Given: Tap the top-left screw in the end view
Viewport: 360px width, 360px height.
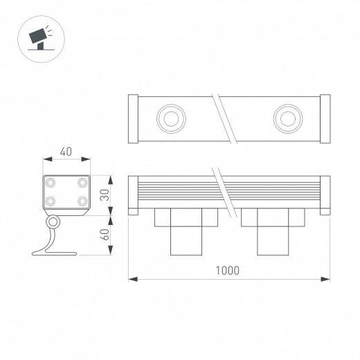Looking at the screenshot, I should [x=51, y=183].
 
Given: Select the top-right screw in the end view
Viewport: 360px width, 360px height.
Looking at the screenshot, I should [x=82, y=183].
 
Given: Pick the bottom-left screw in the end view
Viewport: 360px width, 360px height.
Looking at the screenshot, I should [x=51, y=201].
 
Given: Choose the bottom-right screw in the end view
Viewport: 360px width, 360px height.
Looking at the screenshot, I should [x=82, y=201].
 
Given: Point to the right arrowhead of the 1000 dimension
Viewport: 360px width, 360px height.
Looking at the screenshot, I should [x=326, y=280].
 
